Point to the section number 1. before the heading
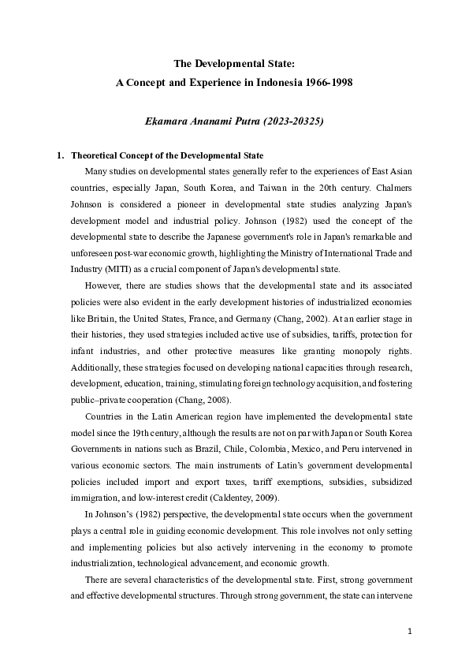tap(60, 155)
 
